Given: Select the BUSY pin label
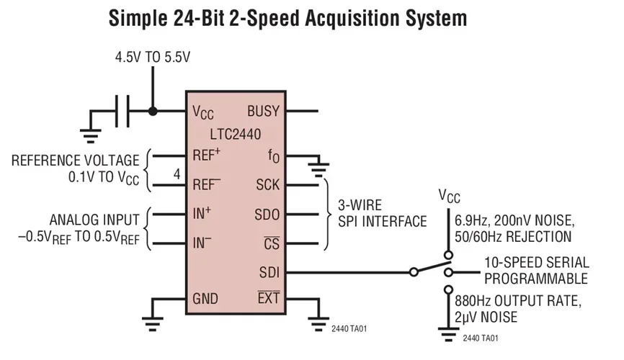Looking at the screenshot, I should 264,112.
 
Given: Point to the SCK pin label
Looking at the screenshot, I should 268,185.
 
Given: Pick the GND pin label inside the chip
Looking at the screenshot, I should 206,299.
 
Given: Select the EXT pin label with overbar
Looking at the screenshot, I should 268,298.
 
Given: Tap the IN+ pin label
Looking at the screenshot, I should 202,214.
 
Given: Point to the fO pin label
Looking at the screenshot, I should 273,156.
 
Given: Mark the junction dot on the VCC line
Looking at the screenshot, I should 152,112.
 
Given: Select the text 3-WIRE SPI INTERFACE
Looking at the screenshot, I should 382,214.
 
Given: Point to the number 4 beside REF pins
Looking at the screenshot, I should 177,174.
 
